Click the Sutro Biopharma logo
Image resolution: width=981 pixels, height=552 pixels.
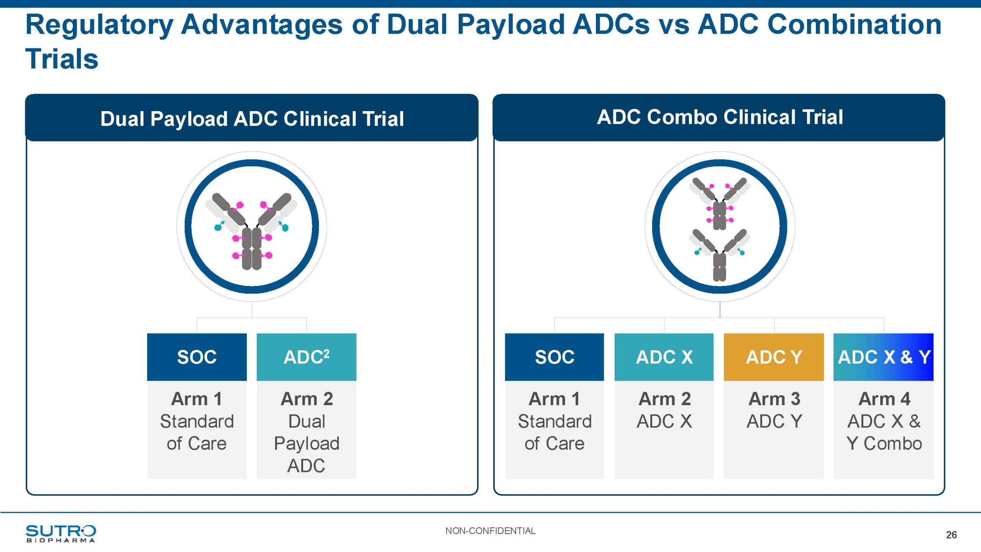click(61, 533)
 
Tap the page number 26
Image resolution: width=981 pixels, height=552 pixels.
click(951, 535)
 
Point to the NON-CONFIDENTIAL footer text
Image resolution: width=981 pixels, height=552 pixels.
click(490, 531)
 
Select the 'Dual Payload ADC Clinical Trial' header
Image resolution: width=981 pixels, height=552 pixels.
click(252, 118)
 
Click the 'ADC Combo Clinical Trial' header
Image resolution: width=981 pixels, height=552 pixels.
click(720, 117)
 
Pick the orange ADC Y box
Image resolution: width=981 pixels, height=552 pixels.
click(774, 357)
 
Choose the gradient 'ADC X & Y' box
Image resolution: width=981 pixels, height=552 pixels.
click(883, 357)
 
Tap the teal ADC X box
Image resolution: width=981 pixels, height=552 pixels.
click(664, 357)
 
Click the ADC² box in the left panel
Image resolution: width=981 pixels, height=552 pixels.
click(306, 357)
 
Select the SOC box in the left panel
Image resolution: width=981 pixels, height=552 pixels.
click(197, 357)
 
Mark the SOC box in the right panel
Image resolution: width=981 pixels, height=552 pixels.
click(554, 357)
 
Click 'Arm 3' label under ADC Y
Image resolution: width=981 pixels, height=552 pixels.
click(774, 399)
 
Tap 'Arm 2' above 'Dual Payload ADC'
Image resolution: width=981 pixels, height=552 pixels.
click(307, 399)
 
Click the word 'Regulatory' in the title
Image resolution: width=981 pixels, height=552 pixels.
click(99, 25)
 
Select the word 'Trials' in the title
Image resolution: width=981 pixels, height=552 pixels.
click(62, 59)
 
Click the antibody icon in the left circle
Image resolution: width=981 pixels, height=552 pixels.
click(252, 230)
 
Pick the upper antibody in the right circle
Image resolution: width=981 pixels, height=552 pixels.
click(720, 203)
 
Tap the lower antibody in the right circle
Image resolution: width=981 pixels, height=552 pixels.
click(720, 255)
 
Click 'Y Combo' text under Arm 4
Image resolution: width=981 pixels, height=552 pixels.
click(884, 444)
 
